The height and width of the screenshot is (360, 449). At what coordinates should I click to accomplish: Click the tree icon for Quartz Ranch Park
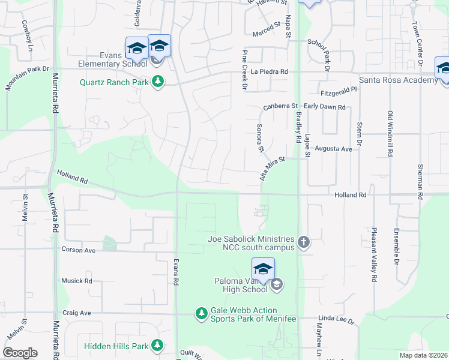pos(158,82)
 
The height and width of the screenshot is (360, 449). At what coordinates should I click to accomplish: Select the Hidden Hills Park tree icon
pos(157,346)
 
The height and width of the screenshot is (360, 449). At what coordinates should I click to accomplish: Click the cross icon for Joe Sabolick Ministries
pos(304,242)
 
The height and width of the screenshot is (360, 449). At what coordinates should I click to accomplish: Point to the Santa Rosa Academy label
pos(398,80)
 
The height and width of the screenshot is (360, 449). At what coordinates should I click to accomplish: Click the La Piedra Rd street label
pos(270,71)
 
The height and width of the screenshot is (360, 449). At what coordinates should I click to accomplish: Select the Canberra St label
pos(280,106)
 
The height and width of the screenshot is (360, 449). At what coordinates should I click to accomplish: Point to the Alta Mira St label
pos(271,166)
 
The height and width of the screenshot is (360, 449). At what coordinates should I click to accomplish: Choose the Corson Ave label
pos(78,250)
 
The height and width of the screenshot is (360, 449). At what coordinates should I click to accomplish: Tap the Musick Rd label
pos(76,280)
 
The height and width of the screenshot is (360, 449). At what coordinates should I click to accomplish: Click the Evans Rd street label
pos(176,272)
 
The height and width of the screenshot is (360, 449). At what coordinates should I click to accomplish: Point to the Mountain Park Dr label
pos(26,79)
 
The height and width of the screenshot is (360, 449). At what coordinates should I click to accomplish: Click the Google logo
pos(20,353)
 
